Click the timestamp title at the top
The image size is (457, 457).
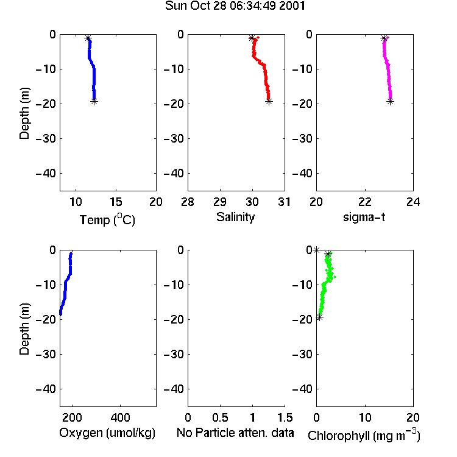(x=235, y=5)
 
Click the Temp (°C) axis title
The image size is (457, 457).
(x=107, y=219)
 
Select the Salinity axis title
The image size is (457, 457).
(x=235, y=217)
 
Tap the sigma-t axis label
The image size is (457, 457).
(x=364, y=217)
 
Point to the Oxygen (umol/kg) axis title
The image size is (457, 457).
(x=107, y=433)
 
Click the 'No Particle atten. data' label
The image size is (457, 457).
(x=235, y=433)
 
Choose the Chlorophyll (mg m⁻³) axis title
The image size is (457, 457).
(x=364, y=435)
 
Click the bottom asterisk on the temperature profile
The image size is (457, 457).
(x=94, y=101)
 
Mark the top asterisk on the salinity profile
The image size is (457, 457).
(x=252, y=38)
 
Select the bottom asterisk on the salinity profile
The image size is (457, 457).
(x=269, y=101)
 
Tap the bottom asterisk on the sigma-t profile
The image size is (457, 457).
(x=390, y=101)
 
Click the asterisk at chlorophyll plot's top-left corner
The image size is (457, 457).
(x=316, y=250)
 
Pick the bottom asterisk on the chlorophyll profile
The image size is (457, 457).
(x=320, y=317)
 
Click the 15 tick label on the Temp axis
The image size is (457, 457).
(x=116, y=202)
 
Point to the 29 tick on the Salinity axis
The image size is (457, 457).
(x=220, y=202)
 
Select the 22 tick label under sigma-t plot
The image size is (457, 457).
(x=365, y=202)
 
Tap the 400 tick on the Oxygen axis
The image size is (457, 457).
(x=120, y=417)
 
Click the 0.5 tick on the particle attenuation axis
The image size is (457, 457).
(x=220, y=417)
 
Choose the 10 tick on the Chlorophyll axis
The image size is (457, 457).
(x=365, y=417)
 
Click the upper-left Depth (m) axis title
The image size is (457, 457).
(x=24, y=113)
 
